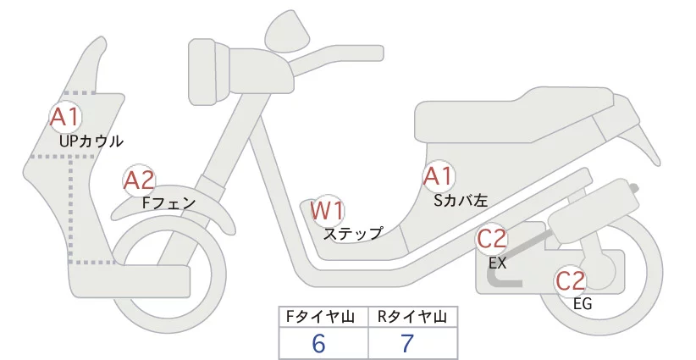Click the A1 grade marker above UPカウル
point(65,117)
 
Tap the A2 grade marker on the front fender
point(139,180)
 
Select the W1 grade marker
point(327,210)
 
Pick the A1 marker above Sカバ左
point(438,176)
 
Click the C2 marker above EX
point(491,240)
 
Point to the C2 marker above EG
point(571,281)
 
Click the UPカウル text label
point(91,141)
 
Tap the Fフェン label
point(168,203)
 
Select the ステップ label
point(353,234)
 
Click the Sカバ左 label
point(461,201)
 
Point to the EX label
point(497,263)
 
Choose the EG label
point(583,304)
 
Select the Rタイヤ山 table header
point(412,317)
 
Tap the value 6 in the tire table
point(318,343)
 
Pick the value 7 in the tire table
point(407,343)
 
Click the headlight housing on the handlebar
point(208,71)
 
